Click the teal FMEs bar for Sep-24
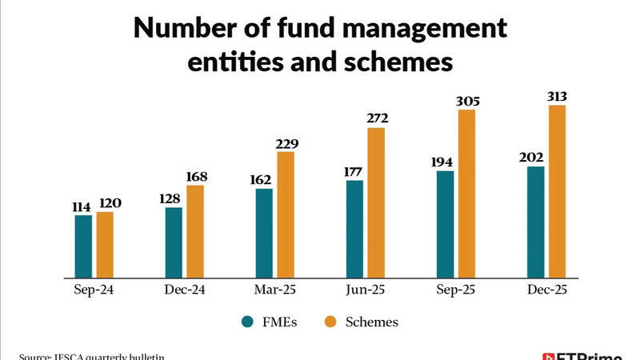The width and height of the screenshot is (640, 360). tap(83, 246)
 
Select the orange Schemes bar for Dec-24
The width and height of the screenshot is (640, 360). tap(195, 231)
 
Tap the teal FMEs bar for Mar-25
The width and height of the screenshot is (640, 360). tap(264, 233)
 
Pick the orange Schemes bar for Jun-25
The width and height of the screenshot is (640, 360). tap(376, 202)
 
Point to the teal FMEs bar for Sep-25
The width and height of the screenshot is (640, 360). tap(445, 224)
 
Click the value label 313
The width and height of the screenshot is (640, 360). tap(558, 97)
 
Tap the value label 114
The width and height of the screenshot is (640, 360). tap(82, 207)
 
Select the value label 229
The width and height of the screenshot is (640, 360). tap(286, 144)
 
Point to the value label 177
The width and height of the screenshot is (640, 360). tap(354, 173)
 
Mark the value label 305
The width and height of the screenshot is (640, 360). tap(466, 101)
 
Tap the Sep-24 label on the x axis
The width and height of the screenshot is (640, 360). tap(94, 291)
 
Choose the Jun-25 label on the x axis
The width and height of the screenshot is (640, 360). tap(366, 291)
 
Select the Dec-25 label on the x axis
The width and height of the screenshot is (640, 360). tap(546, 291)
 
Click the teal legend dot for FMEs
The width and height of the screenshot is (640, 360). tap(249, 322)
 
